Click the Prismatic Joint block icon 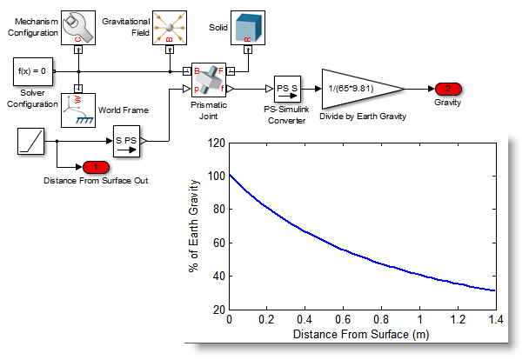click(x=208, y=80)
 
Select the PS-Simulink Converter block click(x=287, y=89)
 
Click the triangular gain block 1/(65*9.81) click(x=357, y=89)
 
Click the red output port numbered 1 click(x=96, y=166)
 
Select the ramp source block click(x=37, y=140)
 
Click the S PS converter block click(x=127, y=140)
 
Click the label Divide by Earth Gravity click(x=363, y=117)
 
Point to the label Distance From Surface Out click(x=96, y=180)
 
